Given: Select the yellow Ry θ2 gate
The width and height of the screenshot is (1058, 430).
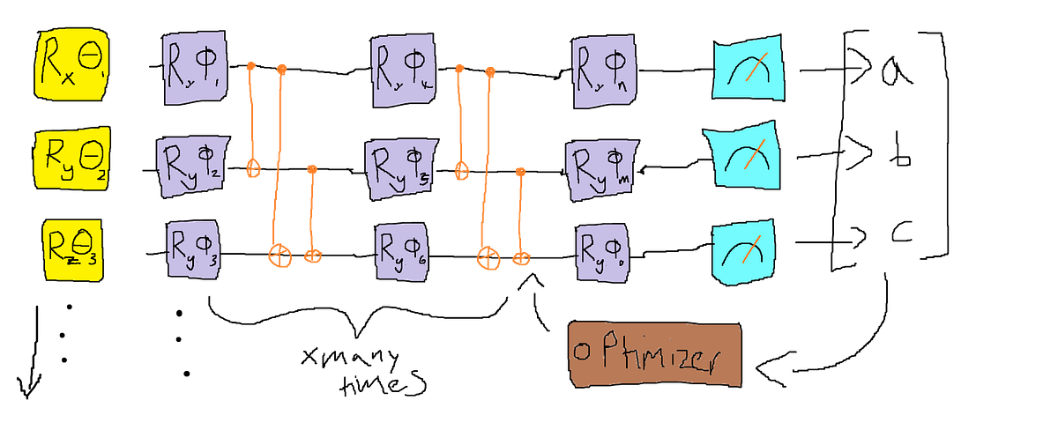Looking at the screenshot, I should click(x=70, y=159).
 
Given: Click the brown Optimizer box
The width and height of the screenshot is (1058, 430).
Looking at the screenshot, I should click(x=654, y=354).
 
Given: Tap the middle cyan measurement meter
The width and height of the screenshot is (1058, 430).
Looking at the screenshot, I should click(x=742, y=159).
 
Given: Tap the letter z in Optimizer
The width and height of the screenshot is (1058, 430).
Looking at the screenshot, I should click(x=679, y=360).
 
